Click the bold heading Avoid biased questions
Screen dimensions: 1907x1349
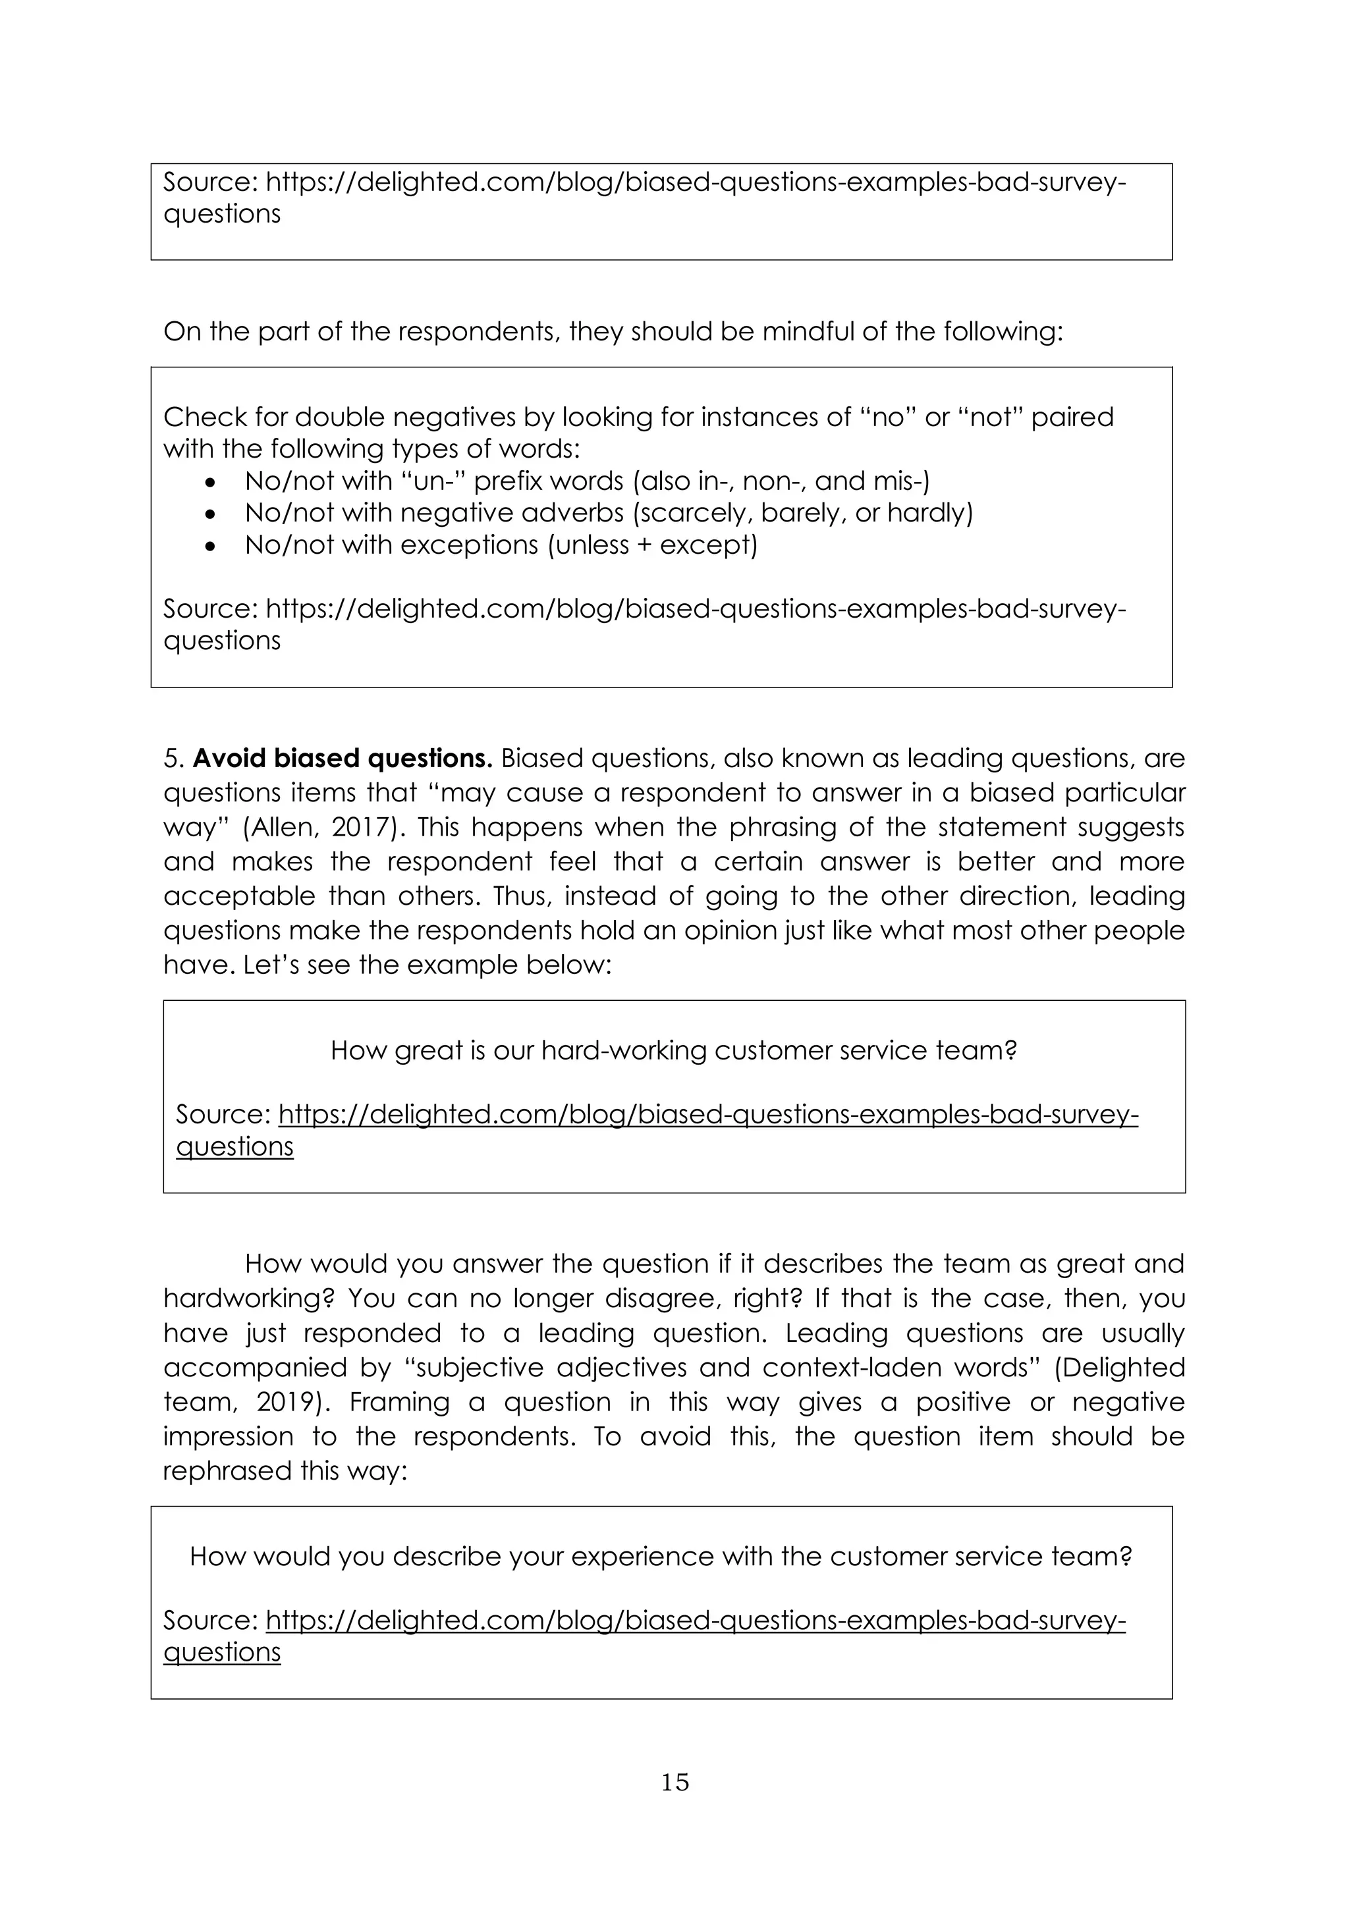pyautogui.click(x=343, y=759)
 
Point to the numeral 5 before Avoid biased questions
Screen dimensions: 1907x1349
pyautogui.click(x=171, y=759)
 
